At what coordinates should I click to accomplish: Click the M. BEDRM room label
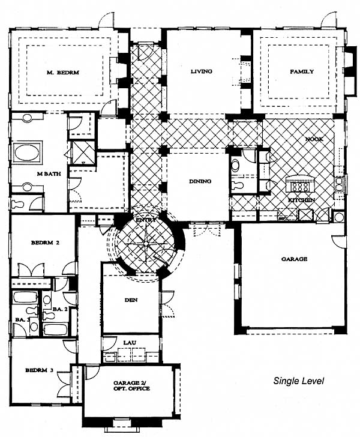point(62,73)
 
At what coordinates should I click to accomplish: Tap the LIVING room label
point(202,71)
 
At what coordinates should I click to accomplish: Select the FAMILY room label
point(302,71)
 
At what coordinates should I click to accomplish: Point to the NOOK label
point(314,139)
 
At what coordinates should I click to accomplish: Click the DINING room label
point(200,181)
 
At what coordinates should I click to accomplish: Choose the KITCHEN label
point(301,200)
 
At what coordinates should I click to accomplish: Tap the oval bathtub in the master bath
point(26,152)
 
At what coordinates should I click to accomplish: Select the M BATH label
point(49,174)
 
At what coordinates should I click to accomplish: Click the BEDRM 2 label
point(45,243)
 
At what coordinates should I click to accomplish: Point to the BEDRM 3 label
point(39,370)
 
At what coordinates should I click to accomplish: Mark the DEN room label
point(131,300)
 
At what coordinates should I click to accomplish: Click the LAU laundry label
point(130,343)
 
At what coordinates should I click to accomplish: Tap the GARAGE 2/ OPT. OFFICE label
point(131,386)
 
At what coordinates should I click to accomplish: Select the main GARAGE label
point(294,259)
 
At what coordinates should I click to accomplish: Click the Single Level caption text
point(298,381)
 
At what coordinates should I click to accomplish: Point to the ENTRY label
point(145,220)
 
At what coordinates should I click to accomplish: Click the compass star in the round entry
point(146,242)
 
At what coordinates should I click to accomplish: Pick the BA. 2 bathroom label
point(60,309)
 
